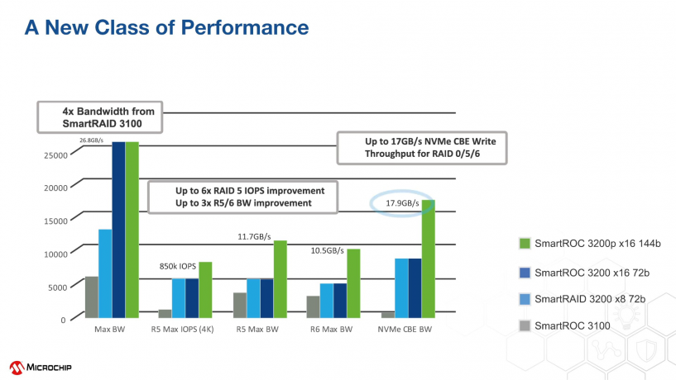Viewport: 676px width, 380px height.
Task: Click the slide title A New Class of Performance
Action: coord(166,28)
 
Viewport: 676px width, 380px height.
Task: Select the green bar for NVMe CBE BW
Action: coord(429,258)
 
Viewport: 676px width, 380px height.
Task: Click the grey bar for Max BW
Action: coord(92,297)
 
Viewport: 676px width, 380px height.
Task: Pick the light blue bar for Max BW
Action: coord(105,273)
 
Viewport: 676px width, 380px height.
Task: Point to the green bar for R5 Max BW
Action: coord(280,278)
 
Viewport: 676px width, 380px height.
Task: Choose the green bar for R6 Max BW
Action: coord(353,283)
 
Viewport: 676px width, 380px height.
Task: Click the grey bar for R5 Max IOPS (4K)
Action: coord(165,313)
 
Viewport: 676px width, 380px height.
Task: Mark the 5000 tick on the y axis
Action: coord(56,287)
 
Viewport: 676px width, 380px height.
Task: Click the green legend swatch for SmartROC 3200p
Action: coord(523,243)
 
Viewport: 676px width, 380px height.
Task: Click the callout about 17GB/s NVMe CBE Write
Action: coord(422,148)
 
